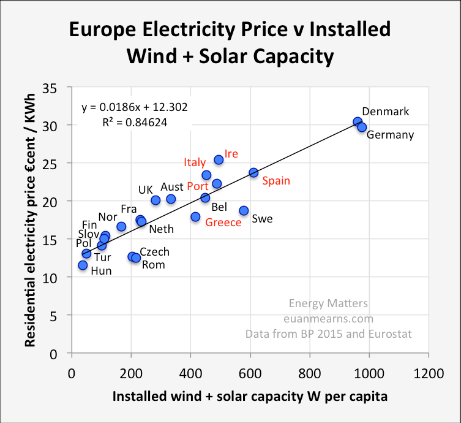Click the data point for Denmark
[x=358, y=122]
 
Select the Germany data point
[x=362, y=127]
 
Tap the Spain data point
[x=253, y=173]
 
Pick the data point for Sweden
[x=244, y=210]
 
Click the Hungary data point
[x=83, y=265]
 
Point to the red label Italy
[x=195, y=162]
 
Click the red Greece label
[x=223, y=222]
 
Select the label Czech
[x=154, y=252]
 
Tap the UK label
[x=145, y=190]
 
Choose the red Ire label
[x=231, y=154]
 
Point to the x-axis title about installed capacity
[x=250, y=397]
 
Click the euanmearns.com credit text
[x=328, y=318]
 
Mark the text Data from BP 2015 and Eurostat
[x=328, y=334]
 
